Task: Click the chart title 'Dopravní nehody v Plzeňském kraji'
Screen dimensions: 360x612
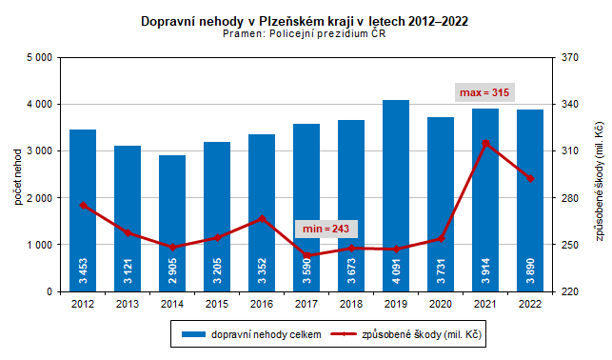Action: tap(304, 20)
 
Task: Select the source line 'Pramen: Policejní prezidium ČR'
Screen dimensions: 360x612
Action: tap(304, 33)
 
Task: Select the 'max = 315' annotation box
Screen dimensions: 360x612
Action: tap(485, 92)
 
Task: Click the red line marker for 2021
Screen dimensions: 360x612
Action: tap(485, 143)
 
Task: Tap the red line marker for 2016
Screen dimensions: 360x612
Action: tap(262, 218)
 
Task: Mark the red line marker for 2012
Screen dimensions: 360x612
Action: tap(83, 205)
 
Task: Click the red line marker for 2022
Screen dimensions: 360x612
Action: tap(530, 178)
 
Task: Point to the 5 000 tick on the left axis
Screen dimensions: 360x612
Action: tap(36, 57)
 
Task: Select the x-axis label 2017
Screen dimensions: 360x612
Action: tap(306, 305)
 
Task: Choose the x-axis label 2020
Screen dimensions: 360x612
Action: tap(441, 305)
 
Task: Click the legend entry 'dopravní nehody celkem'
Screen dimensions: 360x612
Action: tap(252, 334)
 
